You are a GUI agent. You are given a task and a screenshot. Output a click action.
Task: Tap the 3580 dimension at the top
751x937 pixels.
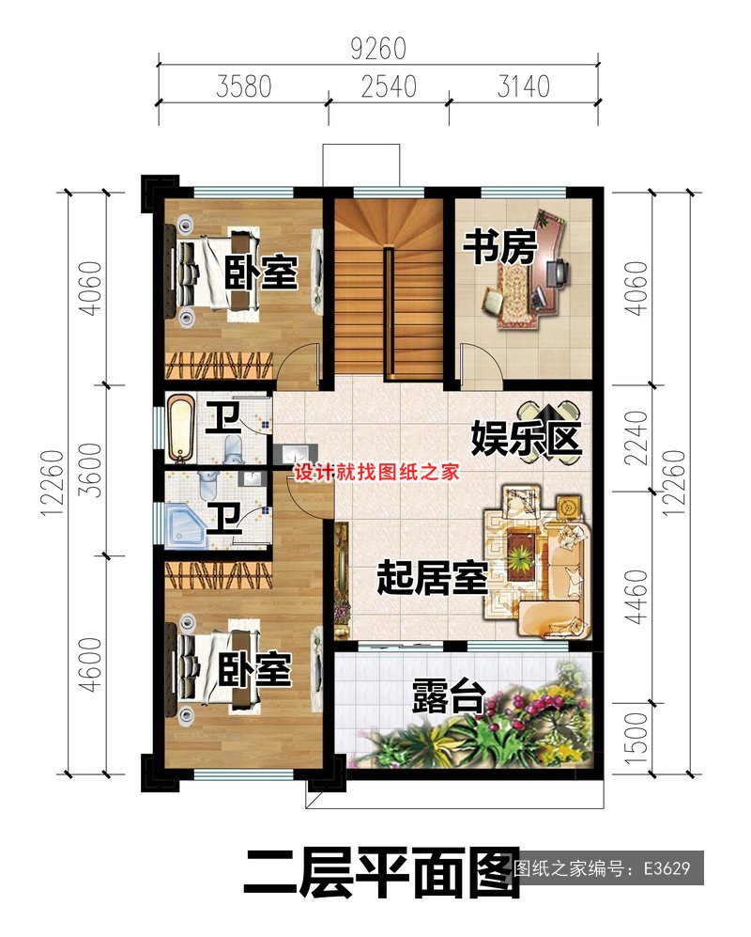point(243,87)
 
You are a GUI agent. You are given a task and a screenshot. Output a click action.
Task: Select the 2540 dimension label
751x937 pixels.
point(388,87)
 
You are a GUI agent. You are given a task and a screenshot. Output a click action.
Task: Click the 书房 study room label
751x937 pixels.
point(498,248)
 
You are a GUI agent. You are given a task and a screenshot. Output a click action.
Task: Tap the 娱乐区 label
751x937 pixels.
point(526,438)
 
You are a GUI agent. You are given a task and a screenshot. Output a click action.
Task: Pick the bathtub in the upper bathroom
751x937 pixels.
point(180,429)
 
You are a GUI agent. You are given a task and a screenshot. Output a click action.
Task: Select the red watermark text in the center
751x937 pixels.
point(376,473)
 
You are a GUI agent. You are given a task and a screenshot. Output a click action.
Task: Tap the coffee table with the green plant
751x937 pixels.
point(519,554)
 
